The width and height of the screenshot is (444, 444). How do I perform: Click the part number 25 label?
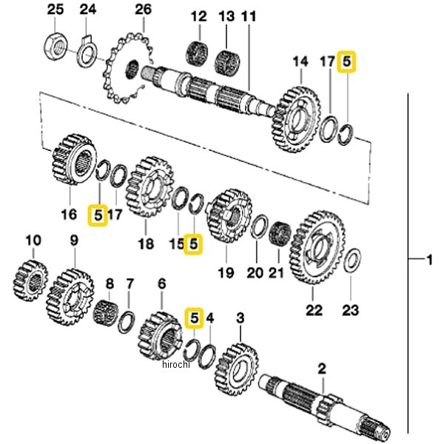[x=55, y=10]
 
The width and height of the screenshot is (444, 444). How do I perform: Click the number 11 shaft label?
[x=249, y=16]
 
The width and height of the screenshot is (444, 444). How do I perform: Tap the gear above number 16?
[x=74, y=159]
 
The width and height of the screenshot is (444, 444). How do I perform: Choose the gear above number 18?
[x=149, y=186]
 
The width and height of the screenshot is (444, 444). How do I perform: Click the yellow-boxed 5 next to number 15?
[x=193, y=242]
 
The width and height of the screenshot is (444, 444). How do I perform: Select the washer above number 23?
[x=353, y=260]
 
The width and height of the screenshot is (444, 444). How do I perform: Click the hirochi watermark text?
[x=175, y=363]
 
